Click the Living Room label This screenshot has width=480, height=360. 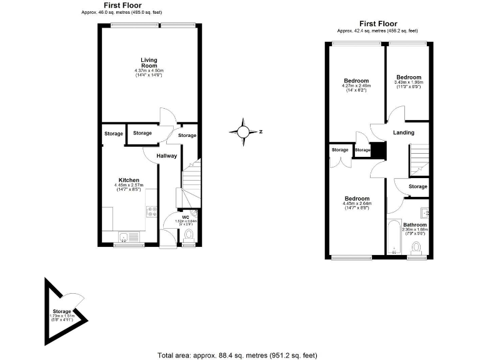click(149, 62)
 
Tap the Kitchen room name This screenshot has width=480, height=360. click(129, 180)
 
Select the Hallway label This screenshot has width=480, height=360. click(167, 156)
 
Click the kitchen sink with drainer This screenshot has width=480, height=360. click(128, 236)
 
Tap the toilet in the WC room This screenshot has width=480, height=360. click(189, 236)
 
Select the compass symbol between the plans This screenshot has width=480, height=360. click(242, 131)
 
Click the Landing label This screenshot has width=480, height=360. click(404, 132)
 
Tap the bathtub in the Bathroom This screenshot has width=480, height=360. click(394, 237)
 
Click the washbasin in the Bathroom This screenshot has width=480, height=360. click(424, 210)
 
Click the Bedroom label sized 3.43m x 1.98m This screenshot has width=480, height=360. click(409, 77)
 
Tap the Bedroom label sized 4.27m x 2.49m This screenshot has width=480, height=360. click(356, 81)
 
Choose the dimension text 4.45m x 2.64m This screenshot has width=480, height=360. click(357, 204)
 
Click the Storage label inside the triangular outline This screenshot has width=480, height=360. click(62, 311)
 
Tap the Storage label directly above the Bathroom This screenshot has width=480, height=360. click(418, 186)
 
